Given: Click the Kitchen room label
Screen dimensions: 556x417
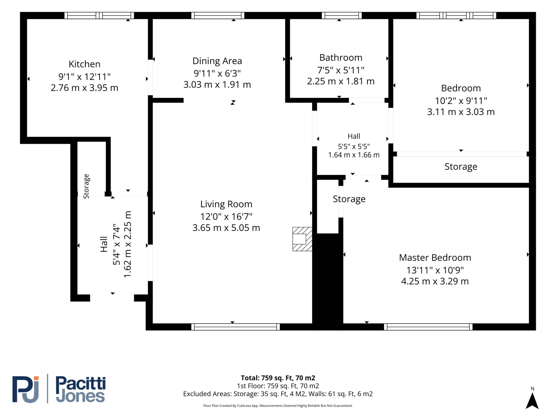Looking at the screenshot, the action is coord(84,64).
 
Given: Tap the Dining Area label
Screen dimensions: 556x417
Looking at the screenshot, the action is coord(217,61).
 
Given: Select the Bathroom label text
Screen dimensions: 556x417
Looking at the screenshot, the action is coord(341,58).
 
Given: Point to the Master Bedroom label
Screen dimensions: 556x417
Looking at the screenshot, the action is coord(435,258).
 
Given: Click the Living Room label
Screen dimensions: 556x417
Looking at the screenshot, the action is coord(226,204).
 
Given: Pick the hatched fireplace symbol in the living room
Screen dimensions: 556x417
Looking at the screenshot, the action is coord(302,239).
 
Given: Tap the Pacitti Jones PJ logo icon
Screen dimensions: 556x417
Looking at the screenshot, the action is coord(26,389).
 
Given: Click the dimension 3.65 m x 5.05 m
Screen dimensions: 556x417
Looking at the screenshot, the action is coord(226,228).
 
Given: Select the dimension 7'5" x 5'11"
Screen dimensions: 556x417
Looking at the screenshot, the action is coord(341,70).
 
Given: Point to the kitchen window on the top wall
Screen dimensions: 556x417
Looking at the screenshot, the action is coord(99,16).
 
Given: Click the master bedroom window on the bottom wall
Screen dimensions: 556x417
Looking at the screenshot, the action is coord(428,327).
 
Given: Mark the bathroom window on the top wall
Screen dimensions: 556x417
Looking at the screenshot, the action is coord(342,16).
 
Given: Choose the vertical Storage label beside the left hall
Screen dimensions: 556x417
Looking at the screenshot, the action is coord(86,186).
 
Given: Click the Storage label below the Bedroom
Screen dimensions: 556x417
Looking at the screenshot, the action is coord(461,167).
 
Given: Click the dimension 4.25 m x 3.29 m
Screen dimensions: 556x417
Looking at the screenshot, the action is coord(435,281).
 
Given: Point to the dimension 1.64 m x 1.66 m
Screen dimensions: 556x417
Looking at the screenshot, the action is coord(354,155).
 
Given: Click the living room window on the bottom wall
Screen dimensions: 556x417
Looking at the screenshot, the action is coord(235,327).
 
